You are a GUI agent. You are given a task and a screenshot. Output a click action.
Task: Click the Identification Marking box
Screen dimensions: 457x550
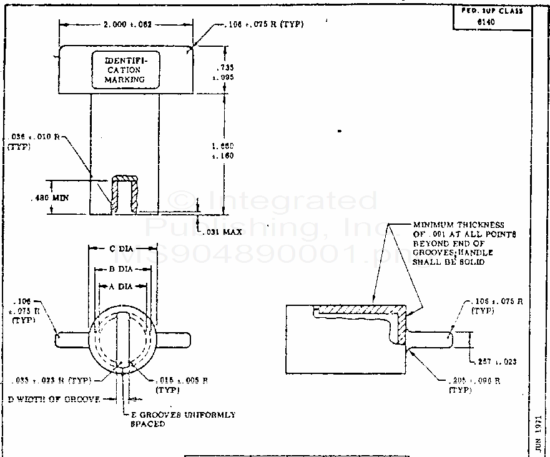[x=125, y=69]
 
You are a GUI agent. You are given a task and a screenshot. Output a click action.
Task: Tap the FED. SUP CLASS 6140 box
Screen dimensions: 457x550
[x=492, y=16]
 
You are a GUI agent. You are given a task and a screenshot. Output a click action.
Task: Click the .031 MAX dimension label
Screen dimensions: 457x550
[x=222, y=232]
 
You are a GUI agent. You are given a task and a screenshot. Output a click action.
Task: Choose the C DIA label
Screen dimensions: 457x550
[x=120, y=249]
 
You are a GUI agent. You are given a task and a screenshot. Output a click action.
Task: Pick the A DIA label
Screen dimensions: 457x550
[x=122, y=286]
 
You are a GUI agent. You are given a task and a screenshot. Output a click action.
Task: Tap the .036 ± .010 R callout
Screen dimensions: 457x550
[x=34, y=141]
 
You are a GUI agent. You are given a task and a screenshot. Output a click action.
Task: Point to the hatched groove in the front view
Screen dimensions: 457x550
[x=124, y=194]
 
